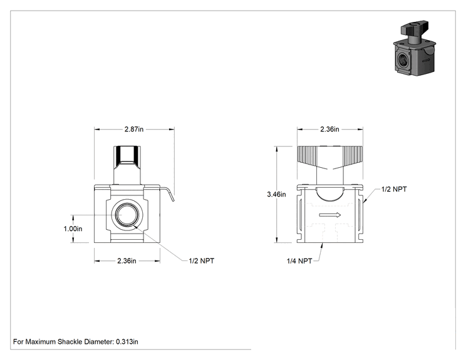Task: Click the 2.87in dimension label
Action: pos(134,129)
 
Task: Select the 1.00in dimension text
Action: pos(73,229)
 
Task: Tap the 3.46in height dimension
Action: pos(276,194)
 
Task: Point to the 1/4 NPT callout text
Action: pos(299,261)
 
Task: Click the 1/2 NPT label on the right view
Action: pos(394,189)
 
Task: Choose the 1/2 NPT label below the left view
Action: pos(202,261)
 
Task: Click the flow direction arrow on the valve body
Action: pos(330,215)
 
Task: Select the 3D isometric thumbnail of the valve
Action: pos(415,48)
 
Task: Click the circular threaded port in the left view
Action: pos(127,215)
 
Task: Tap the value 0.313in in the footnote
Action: pos(127,342)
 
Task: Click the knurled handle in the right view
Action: pos(330,157)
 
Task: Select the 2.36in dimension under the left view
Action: pos(127,261)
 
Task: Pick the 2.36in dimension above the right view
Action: pos(329,129)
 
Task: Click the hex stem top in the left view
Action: pos(127,157)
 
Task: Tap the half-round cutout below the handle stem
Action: pos(330,195)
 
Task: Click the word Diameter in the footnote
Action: pos(99,342)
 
